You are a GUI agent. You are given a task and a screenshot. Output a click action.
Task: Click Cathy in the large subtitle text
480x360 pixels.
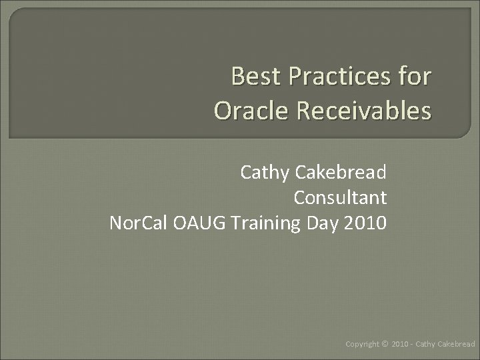click(264, 173)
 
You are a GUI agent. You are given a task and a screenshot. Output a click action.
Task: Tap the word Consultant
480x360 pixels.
click(340, 198)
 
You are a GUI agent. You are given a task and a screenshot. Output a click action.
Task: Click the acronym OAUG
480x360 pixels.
click(200, 223)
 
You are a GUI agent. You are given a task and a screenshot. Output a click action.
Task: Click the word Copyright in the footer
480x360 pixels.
click(363, 344)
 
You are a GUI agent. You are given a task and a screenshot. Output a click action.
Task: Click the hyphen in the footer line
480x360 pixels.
click(413, 344)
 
